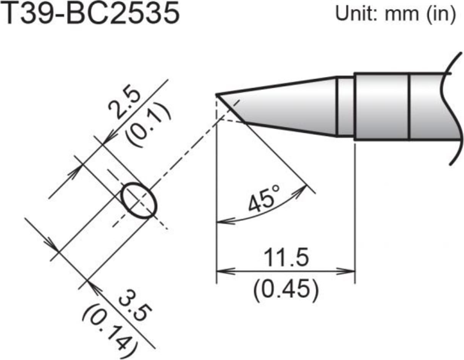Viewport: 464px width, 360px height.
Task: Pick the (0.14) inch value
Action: (109, 327)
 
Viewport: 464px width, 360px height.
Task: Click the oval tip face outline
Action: (139, 201)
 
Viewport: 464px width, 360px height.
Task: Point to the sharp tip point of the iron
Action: (217, 94)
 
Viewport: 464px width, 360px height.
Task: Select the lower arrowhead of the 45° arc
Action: (221, 221)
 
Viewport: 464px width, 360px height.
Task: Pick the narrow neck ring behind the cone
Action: (345, 107)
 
